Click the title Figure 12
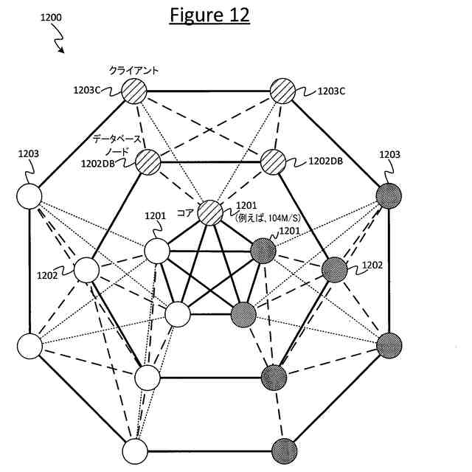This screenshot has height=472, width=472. (209, 15)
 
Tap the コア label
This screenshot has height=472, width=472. (184, 212)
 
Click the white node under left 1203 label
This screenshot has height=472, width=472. (29, 197)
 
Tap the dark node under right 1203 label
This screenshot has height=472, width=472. (389, 196)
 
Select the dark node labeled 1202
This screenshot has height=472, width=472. (334, 269)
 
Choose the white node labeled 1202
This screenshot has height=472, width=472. (86, 270)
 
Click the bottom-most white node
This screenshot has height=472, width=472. (135, 450)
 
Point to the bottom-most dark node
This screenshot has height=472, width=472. (284, 450)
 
